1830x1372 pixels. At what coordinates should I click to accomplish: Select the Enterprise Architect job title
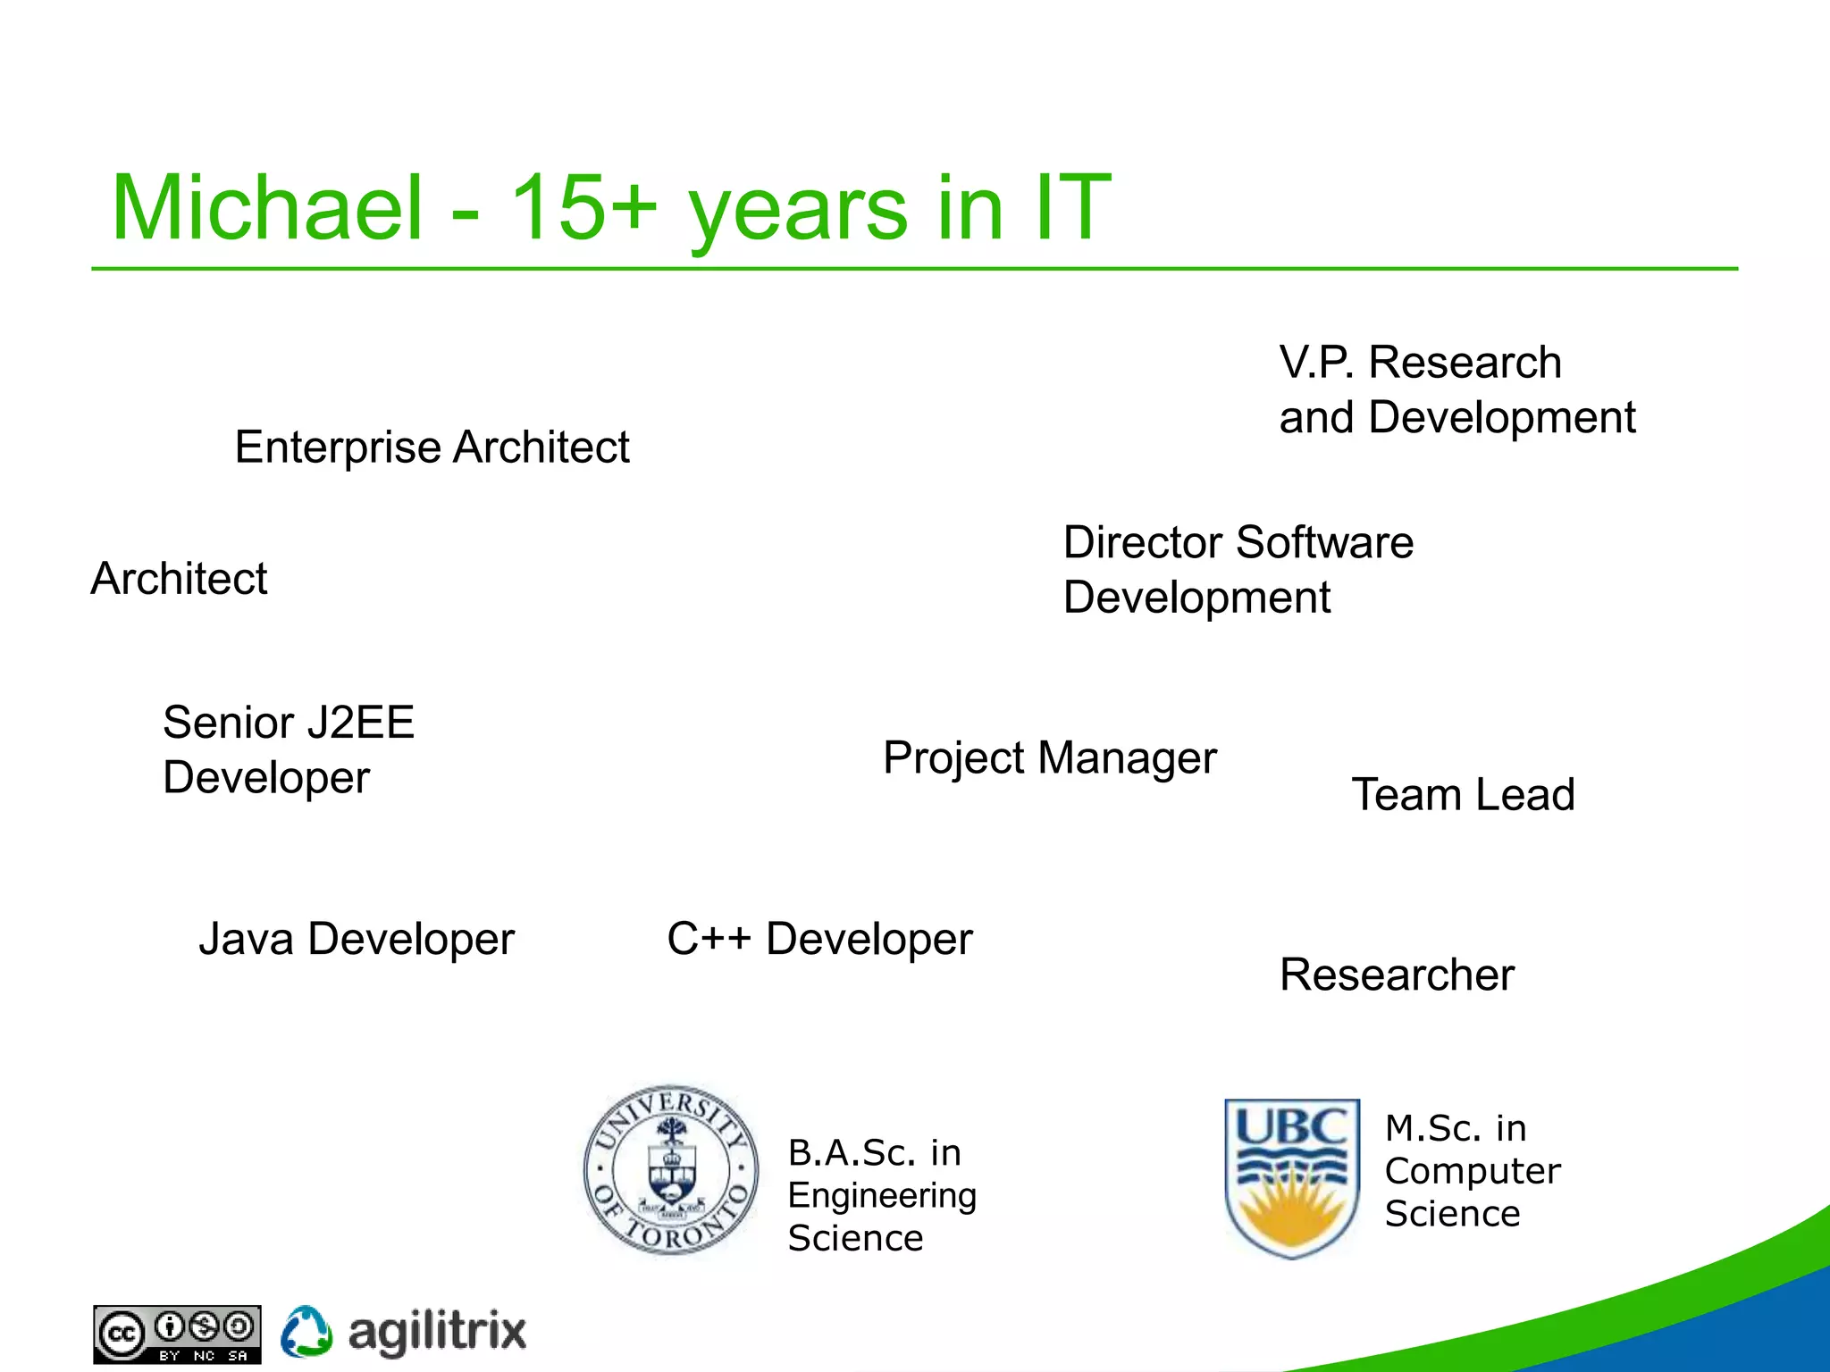pyautogui.click(x=432, y=447)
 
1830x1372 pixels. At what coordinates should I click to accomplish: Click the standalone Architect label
pyautogui.click(x=179, y=579)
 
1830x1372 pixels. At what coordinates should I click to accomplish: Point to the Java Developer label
pyautogui.click(x=357, y=939)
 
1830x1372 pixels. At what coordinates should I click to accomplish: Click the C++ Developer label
pyautogui.click(x=819, y=939)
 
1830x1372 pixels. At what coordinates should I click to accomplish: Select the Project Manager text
pyautogui.click(x=1049, y=758)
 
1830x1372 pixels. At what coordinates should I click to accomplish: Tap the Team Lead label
pyautogui.click(x=1463, y=795)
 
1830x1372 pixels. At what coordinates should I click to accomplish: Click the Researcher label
pyautogui.click(x=1397, y=975)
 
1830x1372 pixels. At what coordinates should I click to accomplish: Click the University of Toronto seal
pyautogui.click(x=670, y=1170)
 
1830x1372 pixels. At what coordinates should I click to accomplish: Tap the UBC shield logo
pyautogui.click(x=1291, y=1177)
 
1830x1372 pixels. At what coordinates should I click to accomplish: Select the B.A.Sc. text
pyautogui.click(x=852, y=1153)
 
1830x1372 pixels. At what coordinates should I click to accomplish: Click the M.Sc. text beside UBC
pyautogui.click(x=1432, y=1129)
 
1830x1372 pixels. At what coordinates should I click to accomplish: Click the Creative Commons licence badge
pyautogui.click(x=177, y=1334)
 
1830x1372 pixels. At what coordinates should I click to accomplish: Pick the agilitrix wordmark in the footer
pyautogui.click(x=437, y=1332)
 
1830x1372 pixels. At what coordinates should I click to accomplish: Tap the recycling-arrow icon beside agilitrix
pyautogui.click(x=306, y=1332)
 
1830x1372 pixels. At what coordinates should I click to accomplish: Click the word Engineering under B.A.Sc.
pyautogui.click(x=882, y=1195)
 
